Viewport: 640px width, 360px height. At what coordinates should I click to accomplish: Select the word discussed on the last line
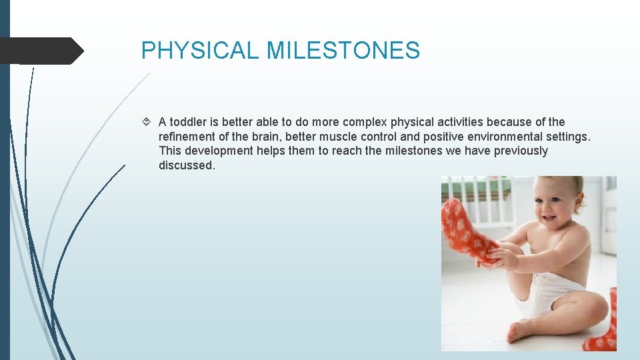coord(187,165)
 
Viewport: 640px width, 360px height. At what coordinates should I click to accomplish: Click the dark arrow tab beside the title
coord(41,51)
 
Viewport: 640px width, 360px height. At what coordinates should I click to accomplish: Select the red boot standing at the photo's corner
coord(603,327)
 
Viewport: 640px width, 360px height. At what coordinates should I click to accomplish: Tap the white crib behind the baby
coord(480,200)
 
